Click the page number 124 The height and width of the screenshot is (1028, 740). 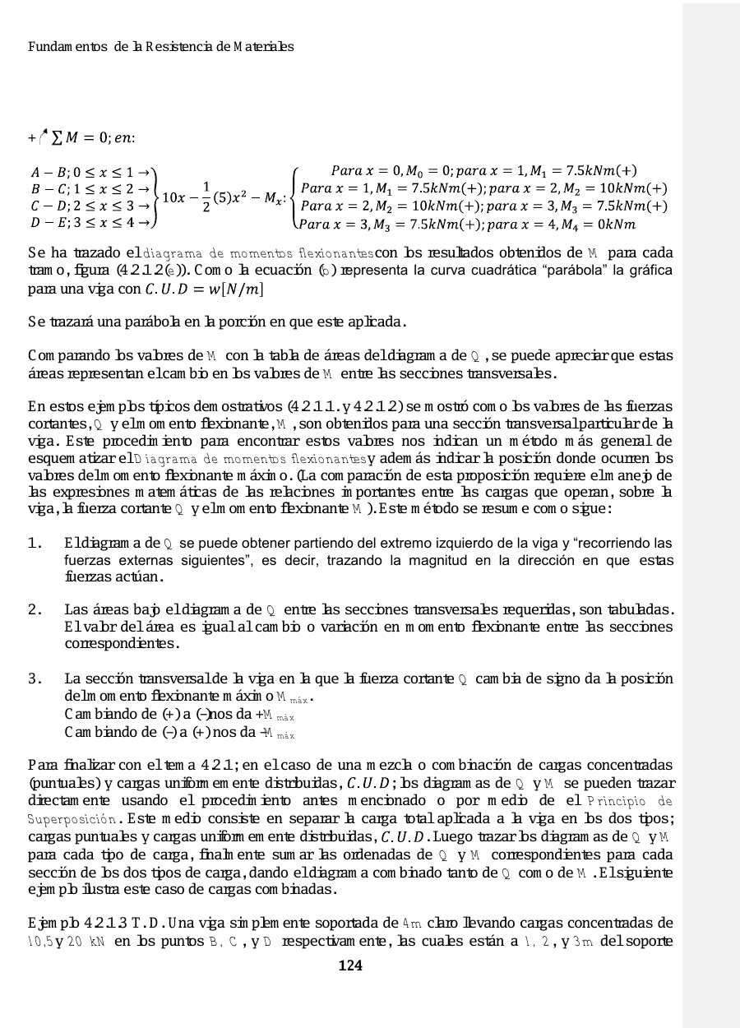(350, 965)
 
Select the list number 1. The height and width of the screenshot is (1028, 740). (35, 544)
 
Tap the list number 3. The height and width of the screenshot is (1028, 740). (35, 679)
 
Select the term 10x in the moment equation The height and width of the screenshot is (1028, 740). (173, 197)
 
